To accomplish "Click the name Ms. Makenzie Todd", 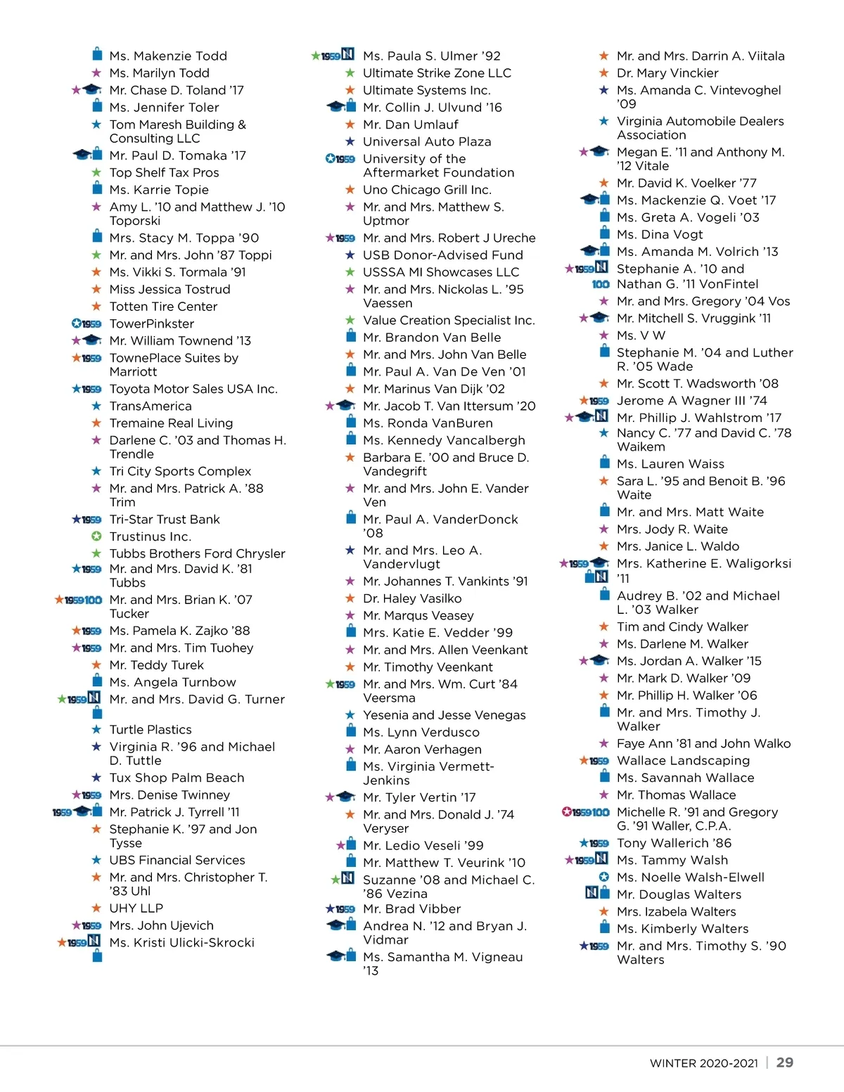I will coord(168,56).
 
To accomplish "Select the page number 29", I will coord(784,1062).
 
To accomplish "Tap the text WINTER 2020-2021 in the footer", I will coord(703,1063).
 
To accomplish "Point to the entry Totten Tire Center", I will coord(163,307).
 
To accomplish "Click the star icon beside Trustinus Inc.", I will coord(97,537).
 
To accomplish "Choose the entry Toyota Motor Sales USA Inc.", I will coord(193,389).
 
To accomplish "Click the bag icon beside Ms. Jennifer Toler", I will coord(98,107).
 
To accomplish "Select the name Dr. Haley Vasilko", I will coord(412,598).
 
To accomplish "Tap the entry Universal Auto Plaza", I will coord(427,141).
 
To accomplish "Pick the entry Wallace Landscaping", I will coord(683,761).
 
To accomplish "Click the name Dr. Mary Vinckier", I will coord(667,73).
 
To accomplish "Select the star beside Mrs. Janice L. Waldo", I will coord(604,546).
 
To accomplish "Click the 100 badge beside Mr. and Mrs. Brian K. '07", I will coord(94,600).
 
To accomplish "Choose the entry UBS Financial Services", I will coord(177,860).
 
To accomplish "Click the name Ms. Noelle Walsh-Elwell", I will coord(690,878).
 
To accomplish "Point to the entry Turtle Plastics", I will coord(151,730).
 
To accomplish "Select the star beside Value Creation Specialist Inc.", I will coord(350,321).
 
